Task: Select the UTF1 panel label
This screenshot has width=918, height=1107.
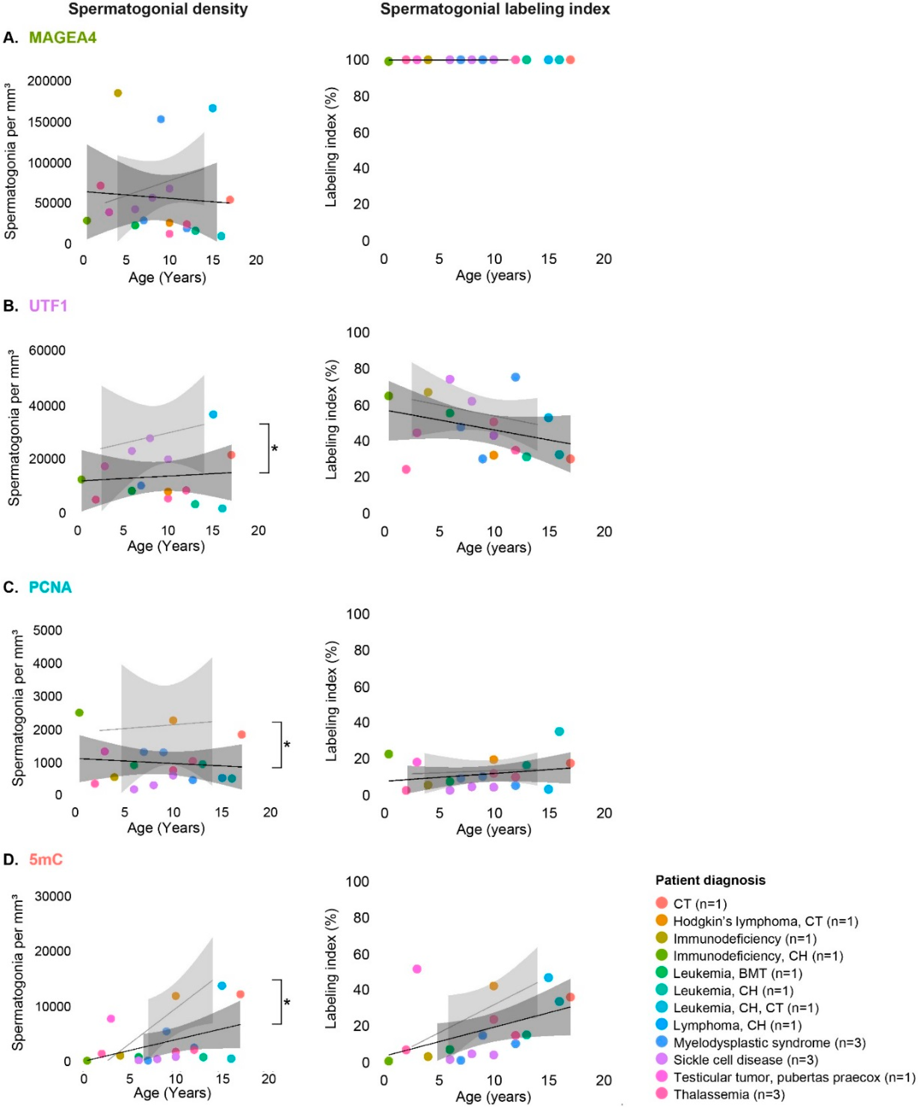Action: (x=48, y=306)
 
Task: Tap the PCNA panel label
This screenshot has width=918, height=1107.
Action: (x=50, y=587)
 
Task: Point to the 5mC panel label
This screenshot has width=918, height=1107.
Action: (x=46, y=860)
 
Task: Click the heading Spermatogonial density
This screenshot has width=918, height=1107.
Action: (x=158, y=9)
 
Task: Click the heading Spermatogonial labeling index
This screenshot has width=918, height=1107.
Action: (x=495, y=9)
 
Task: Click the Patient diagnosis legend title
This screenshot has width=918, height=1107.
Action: (x=710, y=880)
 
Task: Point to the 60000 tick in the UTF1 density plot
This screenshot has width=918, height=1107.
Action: (x=47, y=350)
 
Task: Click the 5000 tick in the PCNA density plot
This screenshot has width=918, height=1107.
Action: (x=47, y=631)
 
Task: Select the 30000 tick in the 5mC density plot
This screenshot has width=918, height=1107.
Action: (x=53, y=896)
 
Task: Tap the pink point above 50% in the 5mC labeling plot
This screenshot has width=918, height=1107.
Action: (x=417, y=969)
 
